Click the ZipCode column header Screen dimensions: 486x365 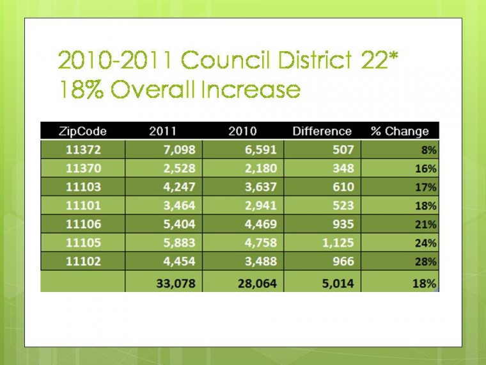coord(82,131)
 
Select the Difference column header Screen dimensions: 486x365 coord(322,131)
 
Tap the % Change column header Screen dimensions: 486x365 coord(400,131)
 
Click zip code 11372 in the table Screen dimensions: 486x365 coord(83,150)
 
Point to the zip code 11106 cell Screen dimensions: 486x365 coord(83,224)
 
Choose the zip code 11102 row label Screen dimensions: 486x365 coord(83,261)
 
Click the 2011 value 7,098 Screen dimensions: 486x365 coord(180,150)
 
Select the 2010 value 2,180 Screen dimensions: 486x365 coord(261,168)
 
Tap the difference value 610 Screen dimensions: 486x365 coord(343,187)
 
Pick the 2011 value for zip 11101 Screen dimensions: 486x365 coord(180,206)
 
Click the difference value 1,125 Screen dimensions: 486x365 coord(338,243)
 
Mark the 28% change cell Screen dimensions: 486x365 coord(425,262)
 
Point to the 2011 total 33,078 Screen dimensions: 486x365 coord(176,284)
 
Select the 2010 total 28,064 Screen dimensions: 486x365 coord(257,284)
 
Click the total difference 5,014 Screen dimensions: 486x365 coord(338,284)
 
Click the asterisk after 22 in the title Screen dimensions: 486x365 coord(393,55)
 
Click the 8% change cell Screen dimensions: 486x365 coord(428,150)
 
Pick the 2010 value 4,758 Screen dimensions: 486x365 coord(261,243)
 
